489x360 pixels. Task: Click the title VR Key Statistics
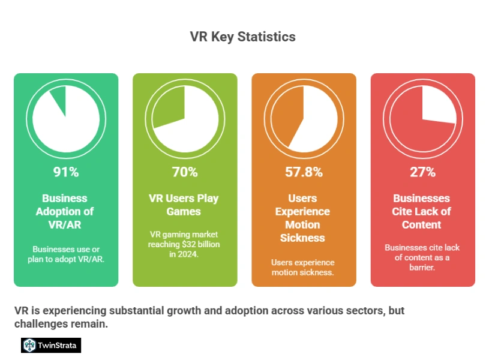coord(242,37)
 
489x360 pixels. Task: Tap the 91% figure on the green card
coord(66,172)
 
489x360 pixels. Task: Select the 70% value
coord(185,172)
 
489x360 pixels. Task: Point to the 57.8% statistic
coord(304,172)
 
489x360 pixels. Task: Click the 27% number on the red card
coord(422,172)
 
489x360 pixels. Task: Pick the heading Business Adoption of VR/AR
coord(65,211)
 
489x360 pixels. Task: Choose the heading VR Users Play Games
coord(184,205)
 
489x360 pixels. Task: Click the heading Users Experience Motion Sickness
coord(303,218)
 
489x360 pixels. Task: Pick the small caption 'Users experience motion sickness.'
coord(303,268)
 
